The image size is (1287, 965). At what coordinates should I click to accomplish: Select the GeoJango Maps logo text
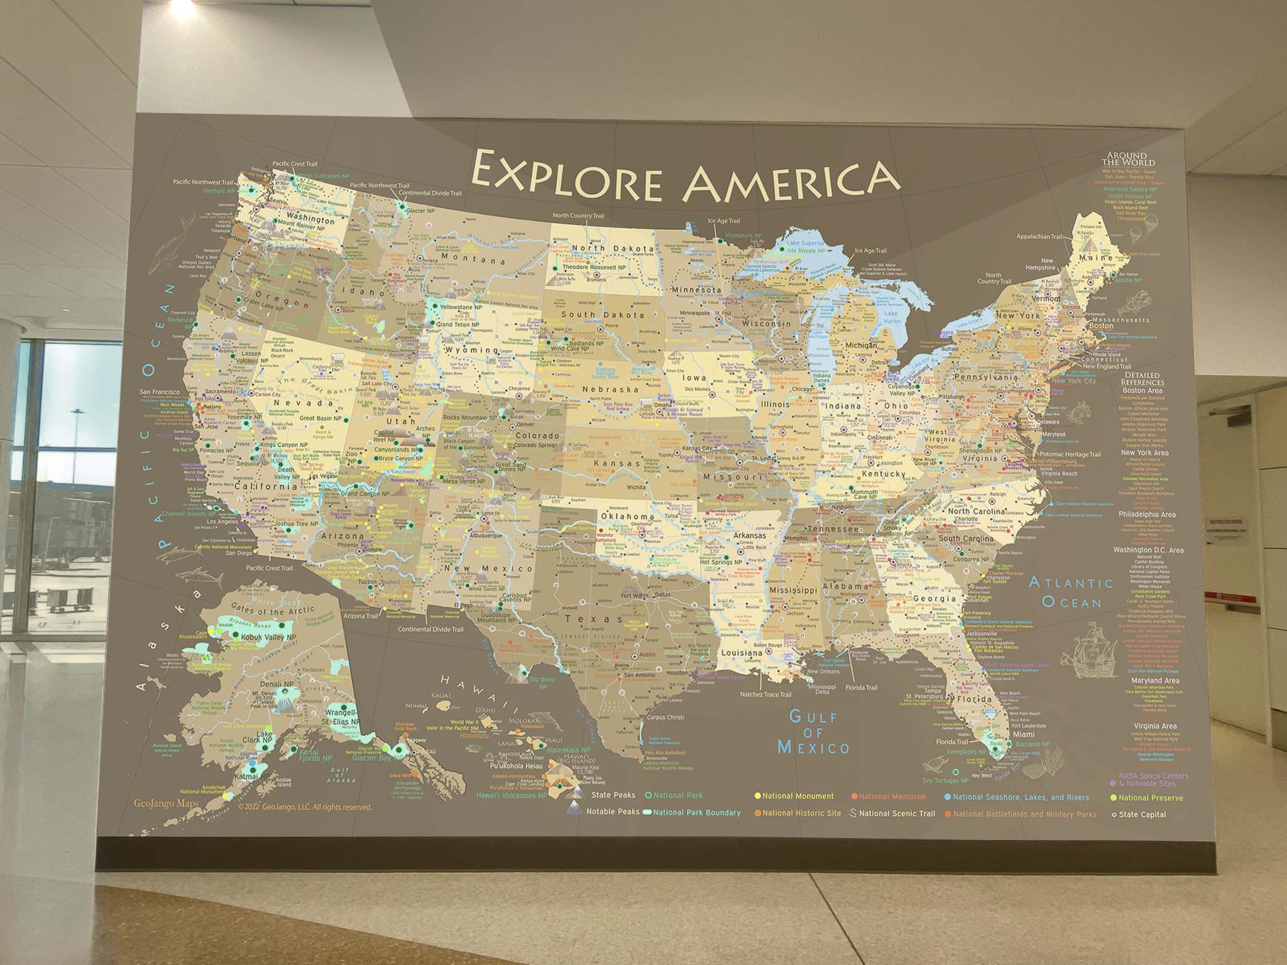(166, 804)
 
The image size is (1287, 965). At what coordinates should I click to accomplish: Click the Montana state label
(473, 258)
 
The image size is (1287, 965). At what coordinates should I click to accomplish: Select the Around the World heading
(1127, 158)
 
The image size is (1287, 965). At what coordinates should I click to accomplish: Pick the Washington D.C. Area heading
(1148, 550)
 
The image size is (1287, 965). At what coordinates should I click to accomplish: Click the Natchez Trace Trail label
(765, 694)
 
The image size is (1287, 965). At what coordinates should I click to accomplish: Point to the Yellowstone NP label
(460, 308)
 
